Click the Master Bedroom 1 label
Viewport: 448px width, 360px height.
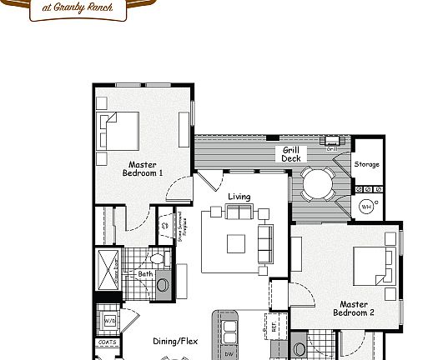(x=143, y=168)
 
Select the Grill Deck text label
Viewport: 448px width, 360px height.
(x=290, y=154)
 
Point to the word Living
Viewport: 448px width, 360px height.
(x=239, y=197)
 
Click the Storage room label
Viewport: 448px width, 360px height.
(x=366, y=164)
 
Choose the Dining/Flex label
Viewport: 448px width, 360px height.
(x=175, y=341)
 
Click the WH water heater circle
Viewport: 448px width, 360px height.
(x=366, y=206)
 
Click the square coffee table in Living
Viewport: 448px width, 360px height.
(x=236, y=243)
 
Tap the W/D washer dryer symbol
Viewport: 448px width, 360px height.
(x=109, y=319)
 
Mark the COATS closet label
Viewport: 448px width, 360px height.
(x=107, y=342)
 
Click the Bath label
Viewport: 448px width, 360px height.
(x=145, y=274)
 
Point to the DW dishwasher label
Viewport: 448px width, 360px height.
(x=229, y=353)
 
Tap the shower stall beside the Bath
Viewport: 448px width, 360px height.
(x=110, y=267)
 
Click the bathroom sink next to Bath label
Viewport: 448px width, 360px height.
(x=163, y=285)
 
